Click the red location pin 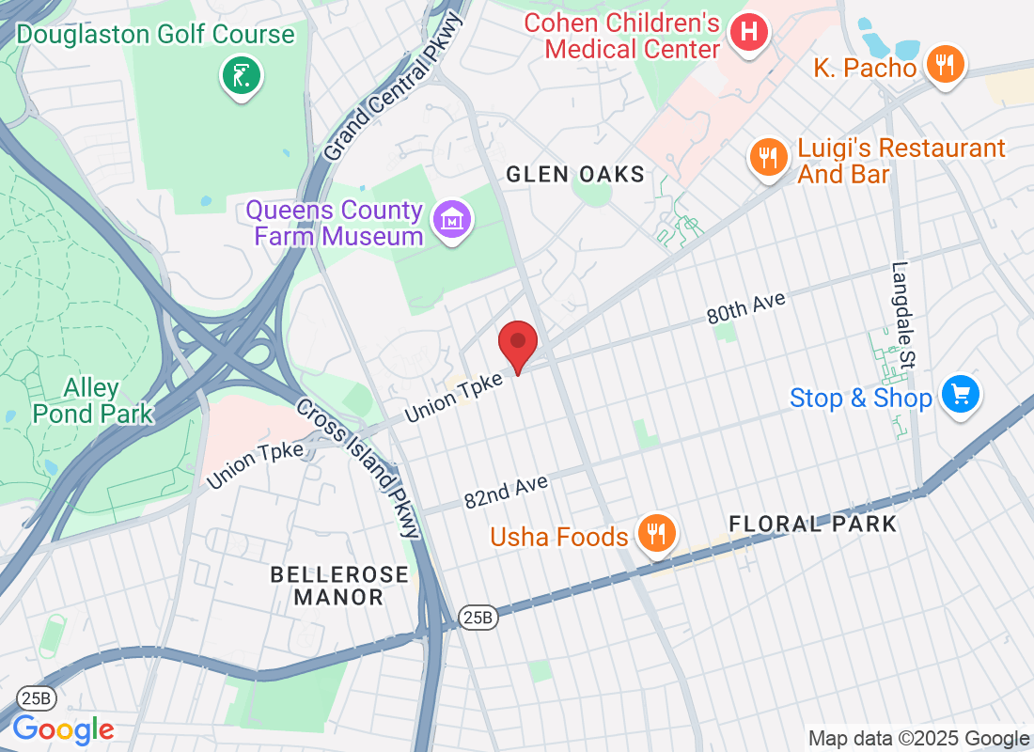(517, 345)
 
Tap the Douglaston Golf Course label (155, 35)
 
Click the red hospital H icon (748, 33)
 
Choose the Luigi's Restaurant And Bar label (901, 161)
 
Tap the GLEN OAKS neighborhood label (575, 174)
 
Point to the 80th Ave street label (745, 307)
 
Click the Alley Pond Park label (92, 400)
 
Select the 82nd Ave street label (506, 492)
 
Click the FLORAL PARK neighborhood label (812, 524)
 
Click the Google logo (64, 728)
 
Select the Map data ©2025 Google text (918, 739)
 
